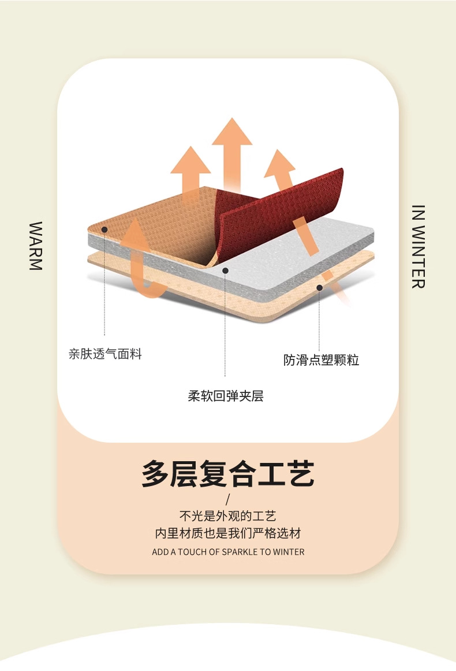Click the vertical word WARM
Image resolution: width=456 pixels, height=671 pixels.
point(36,246)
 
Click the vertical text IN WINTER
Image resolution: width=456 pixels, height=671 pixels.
point(419,246)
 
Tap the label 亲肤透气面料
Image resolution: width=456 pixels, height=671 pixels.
point(105,354)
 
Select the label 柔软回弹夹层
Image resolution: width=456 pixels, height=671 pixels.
point(226,396)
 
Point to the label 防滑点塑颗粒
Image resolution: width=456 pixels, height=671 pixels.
point(321,360)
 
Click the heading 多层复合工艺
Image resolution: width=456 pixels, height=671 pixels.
point(228,474)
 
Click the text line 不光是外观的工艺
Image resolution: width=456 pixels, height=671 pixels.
point(228,516)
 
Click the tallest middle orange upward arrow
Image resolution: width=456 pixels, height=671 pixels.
point(232,150)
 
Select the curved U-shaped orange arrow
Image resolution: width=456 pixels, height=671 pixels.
point(140,260)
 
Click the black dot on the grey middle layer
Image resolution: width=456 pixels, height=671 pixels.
point(226,270)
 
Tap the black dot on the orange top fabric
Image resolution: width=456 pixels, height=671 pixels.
point(104,229)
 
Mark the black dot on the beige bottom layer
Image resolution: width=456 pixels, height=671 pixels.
point(319,287)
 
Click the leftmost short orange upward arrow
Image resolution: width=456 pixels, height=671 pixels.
point(190,170)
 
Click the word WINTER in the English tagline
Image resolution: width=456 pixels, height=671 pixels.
point(289,552)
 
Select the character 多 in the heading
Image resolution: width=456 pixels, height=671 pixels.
point(156,474)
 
